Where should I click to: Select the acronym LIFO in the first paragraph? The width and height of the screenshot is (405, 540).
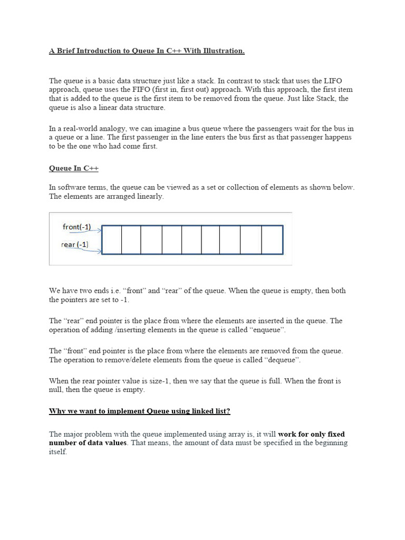click(x=332, y=81)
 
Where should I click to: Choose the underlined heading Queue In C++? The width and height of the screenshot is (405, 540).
click(x=73, y=168)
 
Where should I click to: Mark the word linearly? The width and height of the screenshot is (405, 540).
click(x=149, y=197)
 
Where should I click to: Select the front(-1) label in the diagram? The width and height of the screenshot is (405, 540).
click(x=76, y=227)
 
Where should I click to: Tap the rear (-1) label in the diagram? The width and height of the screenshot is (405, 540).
click(x=75, y=245)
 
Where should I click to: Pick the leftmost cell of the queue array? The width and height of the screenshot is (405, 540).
click(x=111, y=240)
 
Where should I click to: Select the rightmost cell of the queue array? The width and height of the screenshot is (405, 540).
click(x=272, y=240)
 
